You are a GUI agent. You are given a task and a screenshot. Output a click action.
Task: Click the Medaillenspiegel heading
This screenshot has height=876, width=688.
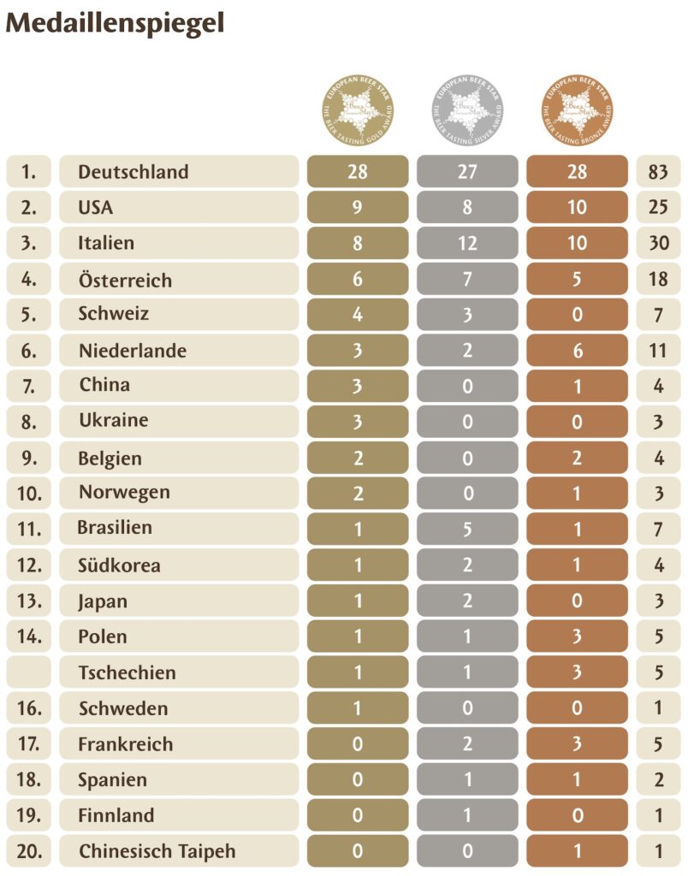tap(115, 23)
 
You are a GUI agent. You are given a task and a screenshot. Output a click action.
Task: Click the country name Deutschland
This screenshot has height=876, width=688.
tap(133, 172)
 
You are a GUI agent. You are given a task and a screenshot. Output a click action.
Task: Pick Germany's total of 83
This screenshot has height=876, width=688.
tap(658, 172)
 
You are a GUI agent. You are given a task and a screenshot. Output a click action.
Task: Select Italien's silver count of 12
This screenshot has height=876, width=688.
tap(467, 243)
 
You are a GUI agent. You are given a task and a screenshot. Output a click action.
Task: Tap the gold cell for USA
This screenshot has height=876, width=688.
tap(358, 207)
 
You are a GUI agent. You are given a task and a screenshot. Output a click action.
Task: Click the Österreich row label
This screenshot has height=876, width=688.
tap(125, 280)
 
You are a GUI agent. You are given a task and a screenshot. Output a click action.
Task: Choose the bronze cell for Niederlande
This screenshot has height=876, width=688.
tap(578, 351)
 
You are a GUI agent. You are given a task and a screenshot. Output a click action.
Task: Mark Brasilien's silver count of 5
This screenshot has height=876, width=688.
tap(467, 530)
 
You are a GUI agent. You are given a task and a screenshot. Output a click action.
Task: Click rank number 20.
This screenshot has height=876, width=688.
tap(28, 851)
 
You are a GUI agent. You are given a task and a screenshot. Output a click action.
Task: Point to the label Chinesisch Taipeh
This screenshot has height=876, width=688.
tap(157, 851)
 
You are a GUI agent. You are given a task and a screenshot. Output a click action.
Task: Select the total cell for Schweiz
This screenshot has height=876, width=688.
tap(658, 314)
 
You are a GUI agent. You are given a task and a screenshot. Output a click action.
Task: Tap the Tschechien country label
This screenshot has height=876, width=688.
tap(127, 672)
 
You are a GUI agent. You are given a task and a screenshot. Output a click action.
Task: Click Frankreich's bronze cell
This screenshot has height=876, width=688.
tap(578, 744)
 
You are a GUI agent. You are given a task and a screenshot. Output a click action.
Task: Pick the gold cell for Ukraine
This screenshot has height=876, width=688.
tap(358, 421)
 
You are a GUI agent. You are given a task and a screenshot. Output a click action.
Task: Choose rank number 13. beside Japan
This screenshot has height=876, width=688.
tap(28, 601)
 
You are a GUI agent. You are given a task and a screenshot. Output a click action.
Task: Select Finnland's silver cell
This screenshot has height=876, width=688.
tap(467, 815)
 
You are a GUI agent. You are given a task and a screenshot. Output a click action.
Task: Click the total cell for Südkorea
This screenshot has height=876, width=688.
tap(658, 565)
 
